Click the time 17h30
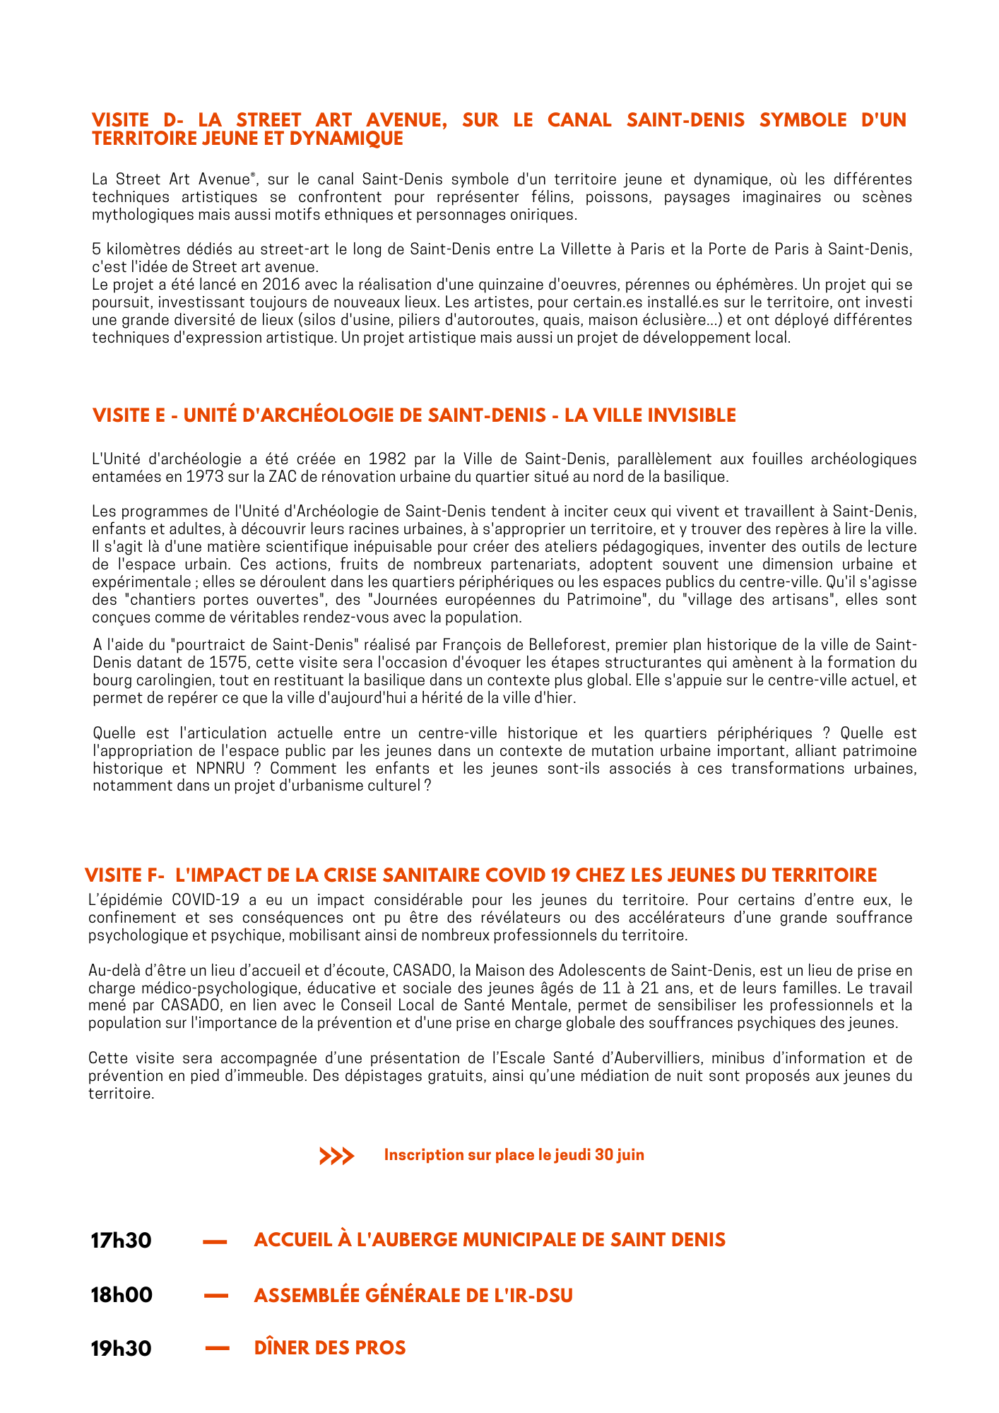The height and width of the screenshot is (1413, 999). click(x=121, y=1240)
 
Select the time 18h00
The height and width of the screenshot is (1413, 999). click(x=122, y=1295)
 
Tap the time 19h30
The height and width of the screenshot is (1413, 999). click(x=121, y=1348)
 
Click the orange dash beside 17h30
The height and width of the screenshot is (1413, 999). click(x=215, y=1241)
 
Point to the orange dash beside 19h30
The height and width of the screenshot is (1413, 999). click(x=218, y=1349)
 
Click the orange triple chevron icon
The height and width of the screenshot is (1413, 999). click(x=336, y=1156)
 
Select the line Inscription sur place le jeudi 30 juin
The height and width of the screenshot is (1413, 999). click(x=514, y=1155)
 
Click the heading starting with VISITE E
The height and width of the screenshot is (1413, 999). click(x=414, y=415)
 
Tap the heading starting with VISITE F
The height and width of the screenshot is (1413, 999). click(x=480, y=875)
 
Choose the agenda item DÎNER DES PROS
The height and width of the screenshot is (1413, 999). click(x=330, y=1347)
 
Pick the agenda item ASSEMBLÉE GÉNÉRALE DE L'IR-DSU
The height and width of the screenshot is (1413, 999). click(x=413, y=1295)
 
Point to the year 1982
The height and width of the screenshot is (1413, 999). click(x=388, y=459)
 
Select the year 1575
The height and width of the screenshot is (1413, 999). click(x=229, y=663)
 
